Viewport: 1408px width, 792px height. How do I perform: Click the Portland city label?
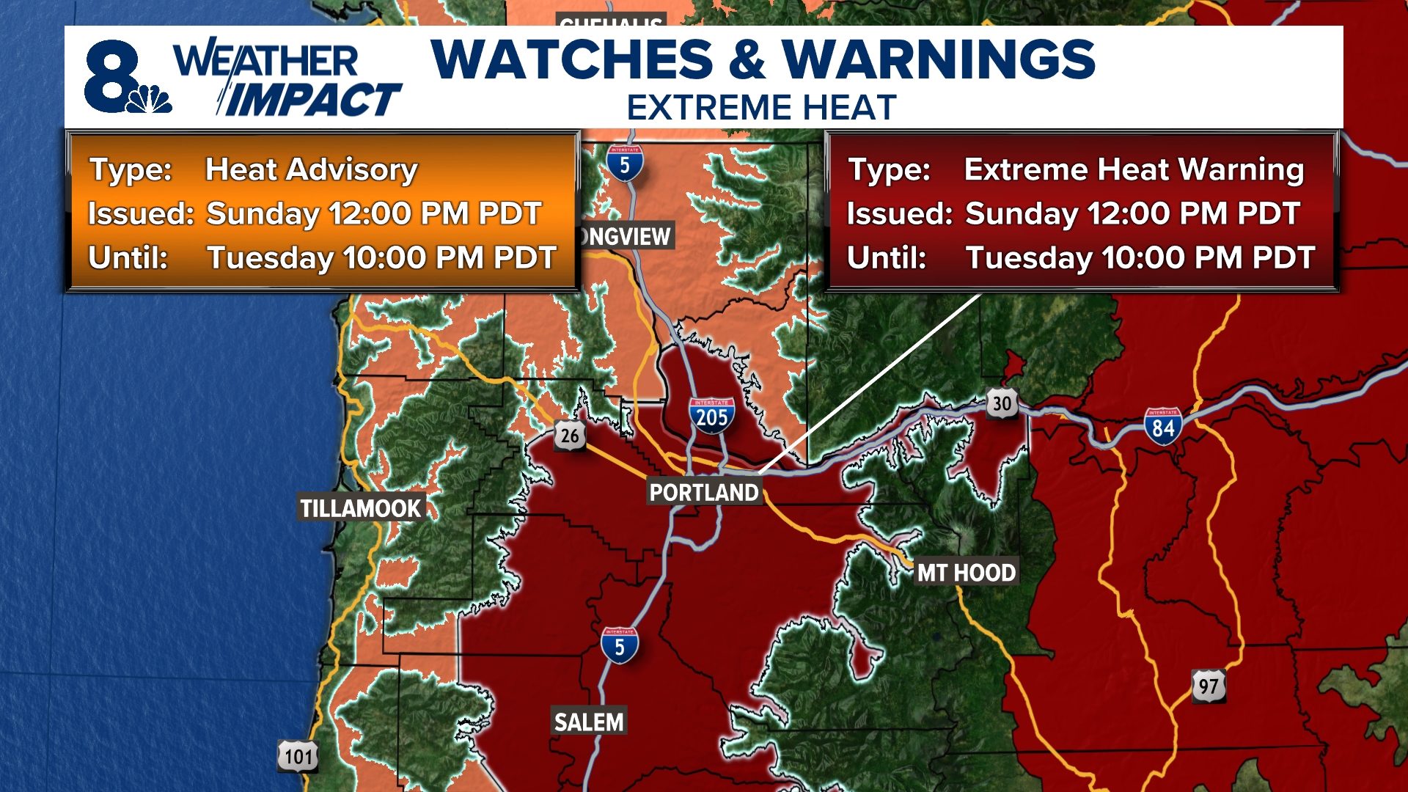[x=704, y=492]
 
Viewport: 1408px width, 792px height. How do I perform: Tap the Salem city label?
[x=589, y=722]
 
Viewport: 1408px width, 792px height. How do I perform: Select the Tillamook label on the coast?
[x=360, y=508]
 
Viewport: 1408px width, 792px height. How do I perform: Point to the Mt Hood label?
[x=966, y=573]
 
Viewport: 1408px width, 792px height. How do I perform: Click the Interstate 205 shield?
[x=711, y=416]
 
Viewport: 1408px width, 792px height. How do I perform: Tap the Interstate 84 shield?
[x=1163, y=426]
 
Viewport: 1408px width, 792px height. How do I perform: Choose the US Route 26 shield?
[x=570, y=436]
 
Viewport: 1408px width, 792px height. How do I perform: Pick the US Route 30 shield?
[x=1002, y=403]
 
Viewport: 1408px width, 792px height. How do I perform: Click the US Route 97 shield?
[x=1208, y=686]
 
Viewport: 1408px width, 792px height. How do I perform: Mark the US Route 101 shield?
[x=298, y=756]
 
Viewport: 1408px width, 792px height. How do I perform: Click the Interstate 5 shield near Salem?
[x=620, y=645]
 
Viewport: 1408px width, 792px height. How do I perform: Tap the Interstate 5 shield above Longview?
[x=625, y=164]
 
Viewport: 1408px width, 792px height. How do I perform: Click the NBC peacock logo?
[x=150, y=99]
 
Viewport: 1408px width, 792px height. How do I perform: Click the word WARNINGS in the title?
[x=938, y=59]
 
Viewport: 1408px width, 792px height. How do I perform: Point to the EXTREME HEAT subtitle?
[x=761, y=108]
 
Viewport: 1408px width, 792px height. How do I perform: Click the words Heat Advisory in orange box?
[x=312, y=169]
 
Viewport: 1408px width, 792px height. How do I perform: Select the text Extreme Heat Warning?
[x=1134, y=169]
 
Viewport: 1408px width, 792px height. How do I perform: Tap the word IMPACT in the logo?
[x=312, y=100]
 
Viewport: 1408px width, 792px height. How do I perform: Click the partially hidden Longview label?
[x=626, y=236]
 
